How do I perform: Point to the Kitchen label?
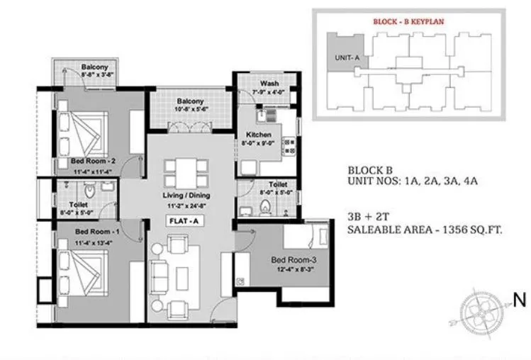[259, 134]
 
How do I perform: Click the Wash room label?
[269, 84]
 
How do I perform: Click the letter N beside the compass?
[519, 300]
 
